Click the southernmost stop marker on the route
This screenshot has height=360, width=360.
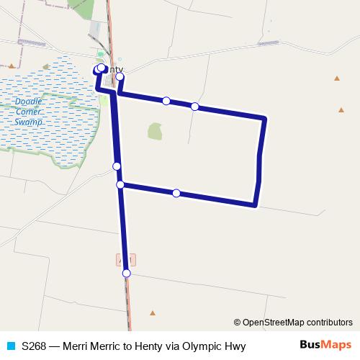pos(127,273)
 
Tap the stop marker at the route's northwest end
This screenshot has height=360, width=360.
pos(101,68)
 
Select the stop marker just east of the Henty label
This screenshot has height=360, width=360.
pos(120,76)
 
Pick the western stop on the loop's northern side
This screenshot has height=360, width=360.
pos(166,101)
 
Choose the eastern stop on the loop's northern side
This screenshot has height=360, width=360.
pos(195,107)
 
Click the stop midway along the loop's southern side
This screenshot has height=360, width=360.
pos(176,193)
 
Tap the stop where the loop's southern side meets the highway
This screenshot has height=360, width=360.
pos(120,185)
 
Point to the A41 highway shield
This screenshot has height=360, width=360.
pos(124,258)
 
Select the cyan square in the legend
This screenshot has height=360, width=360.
pos(10,346)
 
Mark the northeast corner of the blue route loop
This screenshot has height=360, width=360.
pos(265,118)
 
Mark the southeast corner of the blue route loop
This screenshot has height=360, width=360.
pos(256,205)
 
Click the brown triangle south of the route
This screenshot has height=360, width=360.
pos(153,312)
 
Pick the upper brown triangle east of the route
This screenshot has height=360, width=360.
pos(336,78)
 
